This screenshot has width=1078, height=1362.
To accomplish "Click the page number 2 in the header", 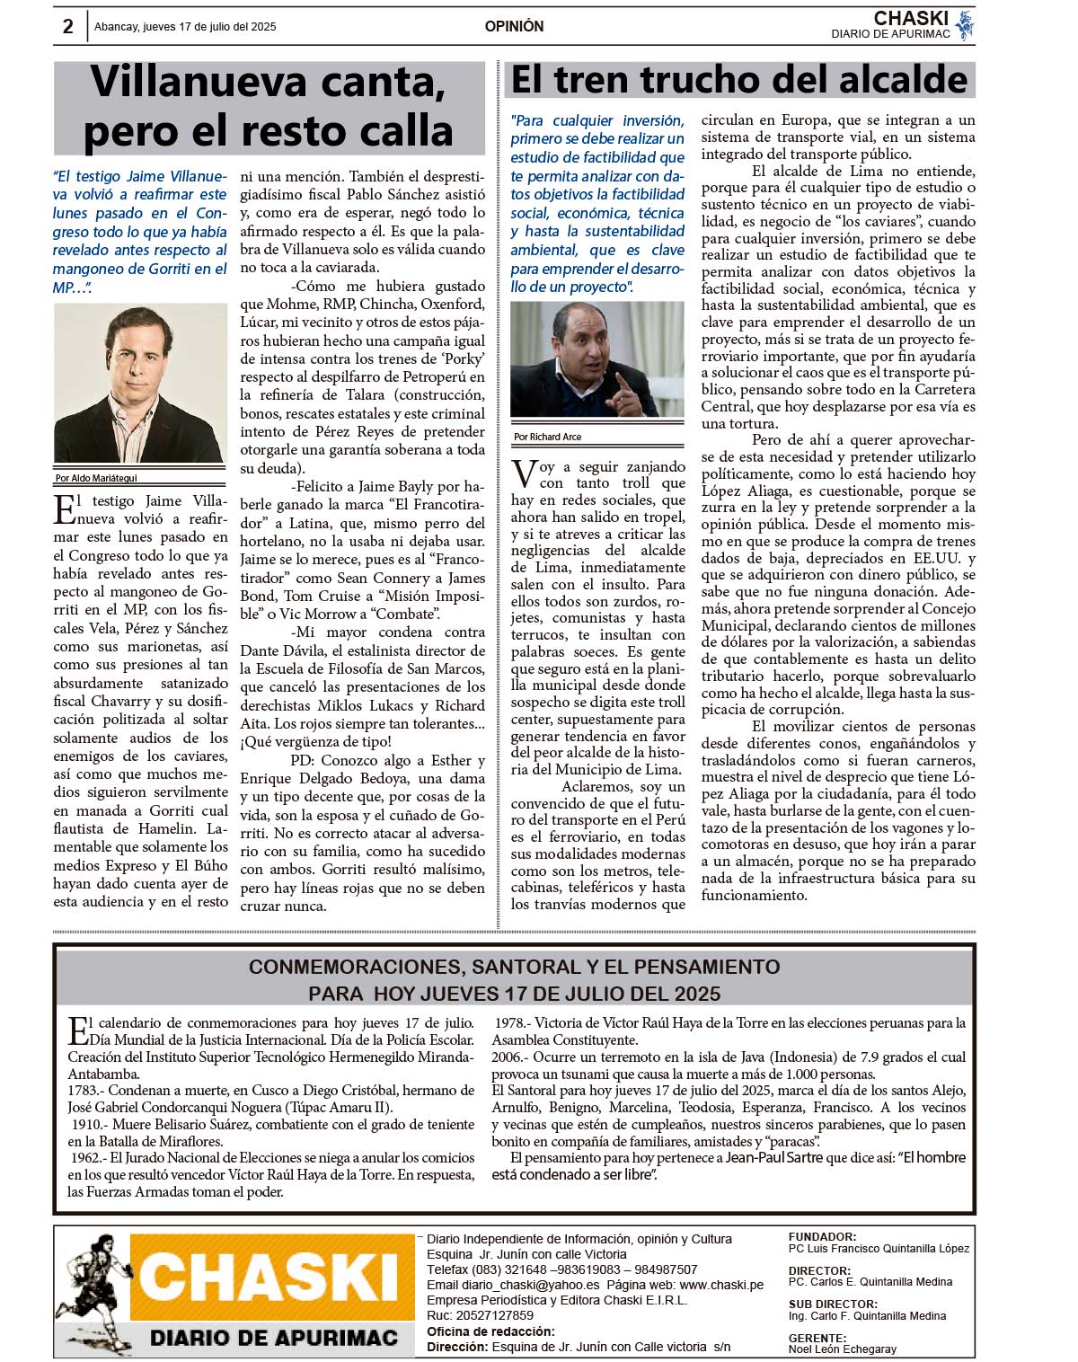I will pos(68,26).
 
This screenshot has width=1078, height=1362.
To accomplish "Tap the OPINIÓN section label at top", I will pos(514,26).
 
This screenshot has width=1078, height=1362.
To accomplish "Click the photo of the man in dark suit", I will pos(140,384).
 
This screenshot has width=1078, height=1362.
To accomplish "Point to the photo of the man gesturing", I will pos(596,359).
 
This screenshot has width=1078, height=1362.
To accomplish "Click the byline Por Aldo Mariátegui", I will pos(96,478).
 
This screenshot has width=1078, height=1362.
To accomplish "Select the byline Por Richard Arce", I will pos(548,437).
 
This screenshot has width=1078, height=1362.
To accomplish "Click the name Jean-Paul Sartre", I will pos(773,1158).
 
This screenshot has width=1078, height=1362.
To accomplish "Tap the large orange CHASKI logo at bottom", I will pos(269,1277).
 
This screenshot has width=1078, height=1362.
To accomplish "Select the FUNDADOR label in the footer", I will pos(822,1237).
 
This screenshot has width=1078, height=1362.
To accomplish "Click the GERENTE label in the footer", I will pos(817,1338).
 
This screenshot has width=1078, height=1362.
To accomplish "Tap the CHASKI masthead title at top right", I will pos(911,19).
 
